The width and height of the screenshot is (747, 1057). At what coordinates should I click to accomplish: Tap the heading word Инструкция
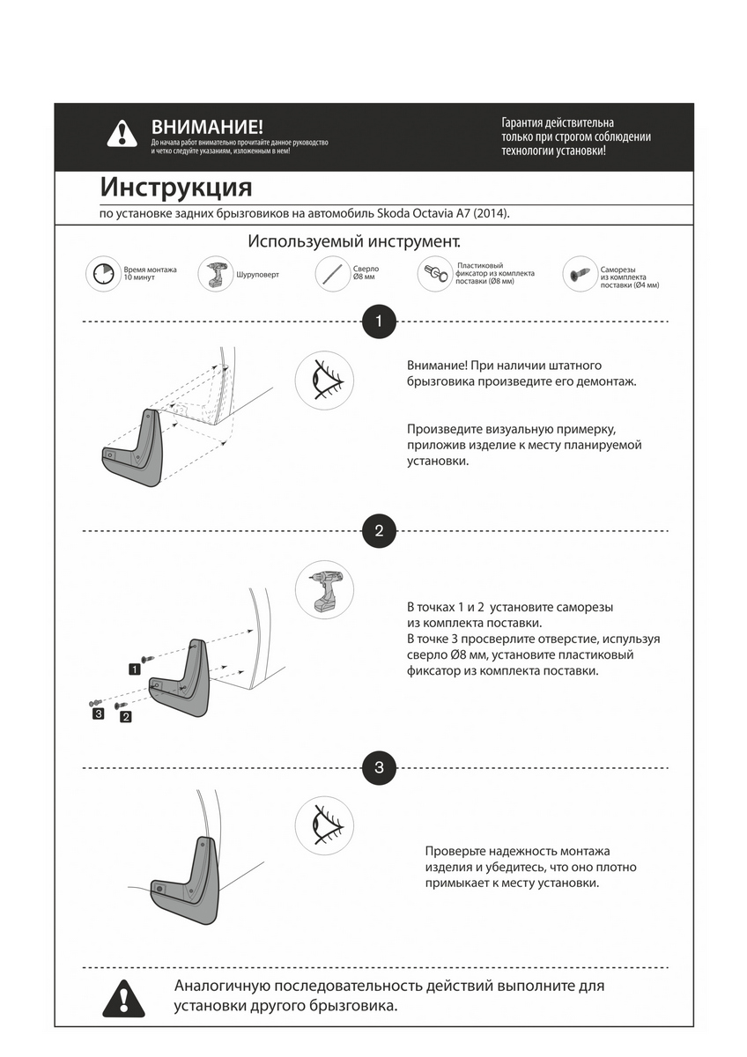tap(175, 188)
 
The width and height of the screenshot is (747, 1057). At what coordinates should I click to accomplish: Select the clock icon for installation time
tap(103, 275)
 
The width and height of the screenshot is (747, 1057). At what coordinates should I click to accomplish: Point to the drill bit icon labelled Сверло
tap(333, 273)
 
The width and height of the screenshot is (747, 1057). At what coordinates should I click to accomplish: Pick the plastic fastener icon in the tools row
tap(435, 273)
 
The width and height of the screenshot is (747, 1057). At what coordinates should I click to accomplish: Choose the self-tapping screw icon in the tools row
tap(579, 274)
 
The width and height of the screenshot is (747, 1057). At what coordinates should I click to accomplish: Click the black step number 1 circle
tap(379, 322)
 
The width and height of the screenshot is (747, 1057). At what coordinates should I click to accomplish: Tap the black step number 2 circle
tap(379, 531)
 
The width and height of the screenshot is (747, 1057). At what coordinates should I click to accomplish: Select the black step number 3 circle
tap(379, 767)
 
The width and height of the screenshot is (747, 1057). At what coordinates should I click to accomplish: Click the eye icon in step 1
tap(323, 381)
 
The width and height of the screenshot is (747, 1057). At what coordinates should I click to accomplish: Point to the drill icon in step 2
tap(323, 589)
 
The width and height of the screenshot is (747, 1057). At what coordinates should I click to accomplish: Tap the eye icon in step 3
tap(323, 826)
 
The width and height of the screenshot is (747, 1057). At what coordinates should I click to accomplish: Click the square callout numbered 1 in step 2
tap(134, 669)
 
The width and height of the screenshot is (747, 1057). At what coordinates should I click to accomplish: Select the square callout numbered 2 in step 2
tap(126, 717)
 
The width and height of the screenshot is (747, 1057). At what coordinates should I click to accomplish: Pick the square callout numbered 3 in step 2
tap(98, 713)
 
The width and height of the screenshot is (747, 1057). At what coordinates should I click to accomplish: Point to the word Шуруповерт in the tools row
tap(257, 275)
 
